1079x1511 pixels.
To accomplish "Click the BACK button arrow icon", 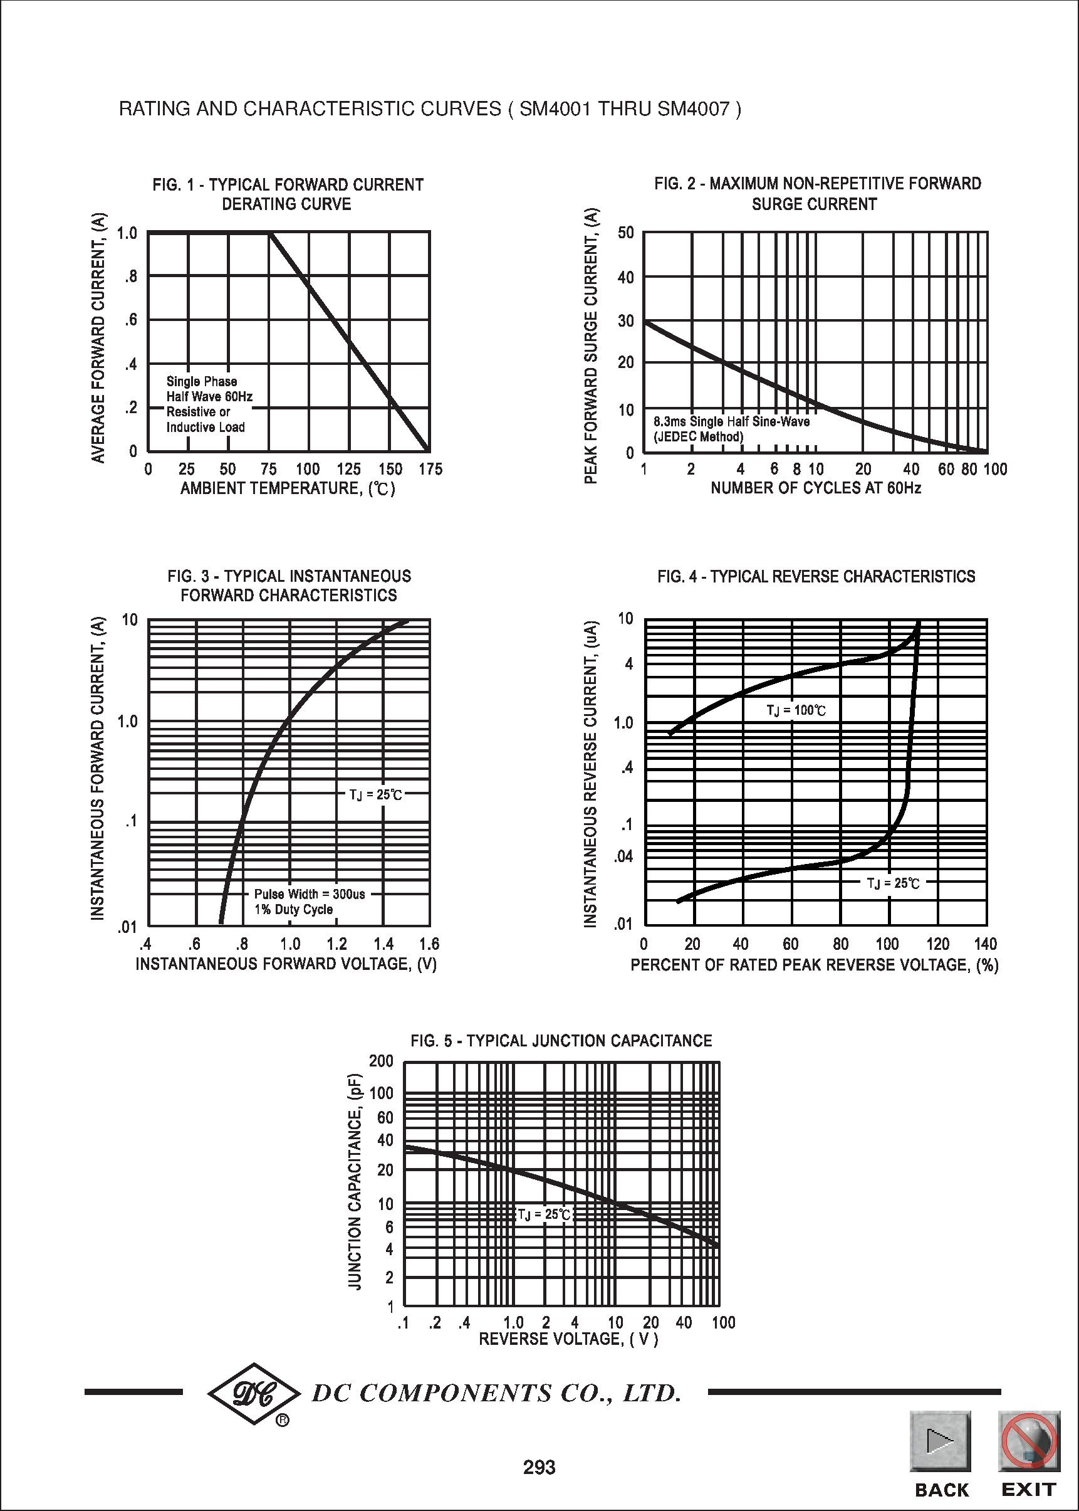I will click(939, 1441).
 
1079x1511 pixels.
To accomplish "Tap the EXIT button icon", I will click(1028, 1441).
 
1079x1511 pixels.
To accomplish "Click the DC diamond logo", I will click(254, 1394).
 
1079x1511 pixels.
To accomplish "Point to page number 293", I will click(539, 1467).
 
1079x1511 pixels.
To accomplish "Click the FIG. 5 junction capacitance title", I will click(561, 1040).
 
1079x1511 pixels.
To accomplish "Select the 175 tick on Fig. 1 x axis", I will click(430, 470).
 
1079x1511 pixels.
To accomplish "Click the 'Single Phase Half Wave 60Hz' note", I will click(209, 389).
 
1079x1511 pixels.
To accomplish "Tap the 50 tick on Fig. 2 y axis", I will click(626, 233).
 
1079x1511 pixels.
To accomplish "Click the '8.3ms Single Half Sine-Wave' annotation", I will click(731, 421).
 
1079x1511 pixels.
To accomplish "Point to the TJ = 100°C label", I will click(796, 710).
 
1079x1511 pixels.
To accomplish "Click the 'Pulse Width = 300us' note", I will click(309, 894).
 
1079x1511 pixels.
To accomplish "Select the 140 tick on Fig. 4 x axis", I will click(985, 944).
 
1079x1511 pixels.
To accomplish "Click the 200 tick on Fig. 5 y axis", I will click(382, 1061).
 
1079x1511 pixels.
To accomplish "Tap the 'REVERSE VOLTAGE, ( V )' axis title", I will click(568, 1339).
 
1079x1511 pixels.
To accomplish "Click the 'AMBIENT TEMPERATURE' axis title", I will click(288, 488).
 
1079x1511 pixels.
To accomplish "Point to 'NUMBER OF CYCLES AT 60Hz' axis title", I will click(815, 488).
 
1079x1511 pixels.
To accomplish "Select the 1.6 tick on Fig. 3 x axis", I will click(429, 944).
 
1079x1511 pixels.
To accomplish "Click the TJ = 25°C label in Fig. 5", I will click(544, 1214).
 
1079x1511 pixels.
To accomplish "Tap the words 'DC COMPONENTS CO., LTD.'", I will click(496, 1393).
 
